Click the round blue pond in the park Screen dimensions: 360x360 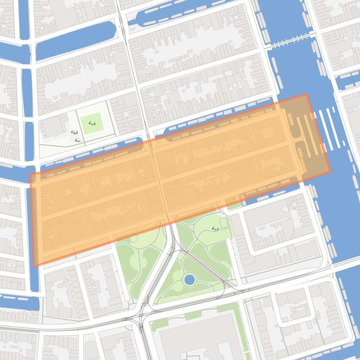(x=190, y=280)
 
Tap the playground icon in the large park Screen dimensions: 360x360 (x=215, y=228)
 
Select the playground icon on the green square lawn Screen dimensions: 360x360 (x=92, y=124)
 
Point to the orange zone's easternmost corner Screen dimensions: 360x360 (x=330, y=171)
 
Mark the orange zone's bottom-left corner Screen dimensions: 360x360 (x=34, y=266)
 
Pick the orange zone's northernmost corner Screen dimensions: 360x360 (x=307, y=94)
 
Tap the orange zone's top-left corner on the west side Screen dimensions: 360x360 (x=30, y=174)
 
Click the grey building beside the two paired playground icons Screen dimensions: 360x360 (x=54, y=126)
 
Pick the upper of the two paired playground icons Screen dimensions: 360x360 (x=74, y=133)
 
